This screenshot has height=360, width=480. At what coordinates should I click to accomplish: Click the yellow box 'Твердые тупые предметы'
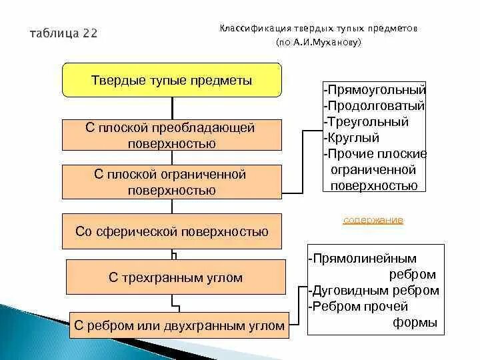point(172,81)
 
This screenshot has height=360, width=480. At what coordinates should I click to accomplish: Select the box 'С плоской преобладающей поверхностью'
point(172,135)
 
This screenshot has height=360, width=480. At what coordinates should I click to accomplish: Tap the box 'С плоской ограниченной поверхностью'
point(172,182)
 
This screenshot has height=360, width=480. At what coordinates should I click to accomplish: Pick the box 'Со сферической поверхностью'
point(172,231)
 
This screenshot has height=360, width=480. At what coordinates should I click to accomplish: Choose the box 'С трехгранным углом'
point(175,277)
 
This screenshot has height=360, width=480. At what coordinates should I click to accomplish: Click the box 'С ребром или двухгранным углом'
point(179,326)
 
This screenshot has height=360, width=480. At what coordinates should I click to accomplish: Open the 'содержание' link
point(373,220)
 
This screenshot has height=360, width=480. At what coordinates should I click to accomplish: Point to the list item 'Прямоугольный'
point(375,89)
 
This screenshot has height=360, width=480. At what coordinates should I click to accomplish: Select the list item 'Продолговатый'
point(375,105)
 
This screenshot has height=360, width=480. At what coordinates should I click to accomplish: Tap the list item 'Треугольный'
point(367,122)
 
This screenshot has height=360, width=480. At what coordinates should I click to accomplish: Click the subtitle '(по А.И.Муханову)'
point(319,42)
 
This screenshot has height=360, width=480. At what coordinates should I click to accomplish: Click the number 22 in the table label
point(90,34)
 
